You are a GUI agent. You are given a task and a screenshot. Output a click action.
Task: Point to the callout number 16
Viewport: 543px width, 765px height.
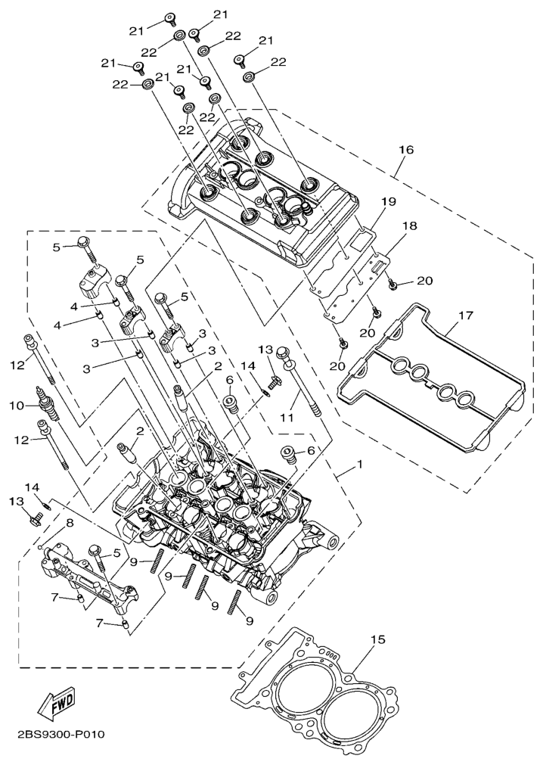tap(405, 150)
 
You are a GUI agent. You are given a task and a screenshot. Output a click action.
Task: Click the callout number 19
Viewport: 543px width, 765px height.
tap(389, 202)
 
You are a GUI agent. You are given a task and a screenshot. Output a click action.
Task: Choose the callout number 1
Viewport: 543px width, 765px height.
tap(360, 463)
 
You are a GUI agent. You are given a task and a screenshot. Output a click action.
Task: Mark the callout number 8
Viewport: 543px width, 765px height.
tap(69, 523)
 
